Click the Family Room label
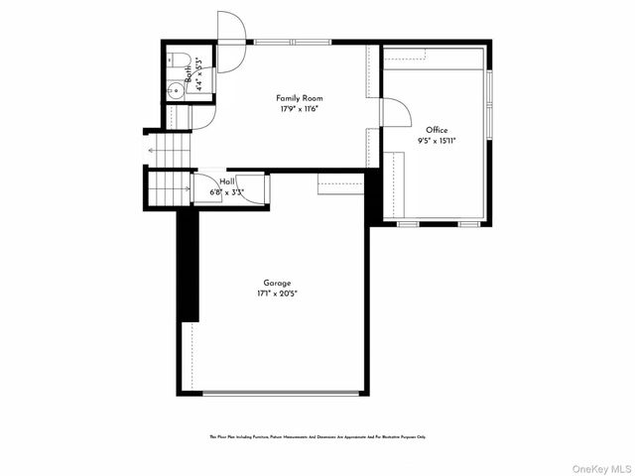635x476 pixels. click(x=299, y=98)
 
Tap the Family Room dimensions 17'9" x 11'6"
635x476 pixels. click(x=299, y=108)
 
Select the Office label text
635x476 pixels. click(x=437, y=130)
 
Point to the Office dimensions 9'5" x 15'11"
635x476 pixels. click(x=437, y=141)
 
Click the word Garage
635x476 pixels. click(x=277, y=283)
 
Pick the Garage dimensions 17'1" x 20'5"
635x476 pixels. click(x=277, y=294)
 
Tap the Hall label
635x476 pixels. click(x=227, y=181)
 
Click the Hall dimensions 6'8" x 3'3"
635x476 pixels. click(x=227, y=191)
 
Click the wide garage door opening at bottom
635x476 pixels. click(x=281, y=393)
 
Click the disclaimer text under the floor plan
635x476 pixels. click(x=317, y=436)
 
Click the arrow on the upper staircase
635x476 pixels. click(x=152, y=151)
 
